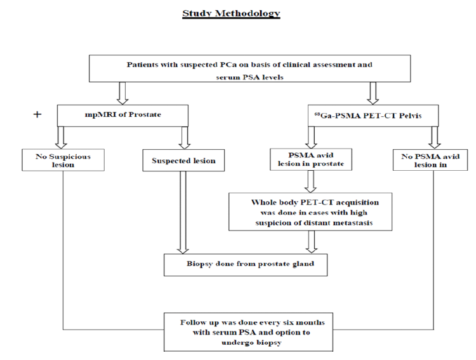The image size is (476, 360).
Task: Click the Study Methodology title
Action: [231, 13]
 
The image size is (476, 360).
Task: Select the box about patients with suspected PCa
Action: [249, 69]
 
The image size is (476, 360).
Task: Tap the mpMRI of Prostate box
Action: [122, 116]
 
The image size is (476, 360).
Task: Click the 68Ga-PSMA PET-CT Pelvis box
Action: [373, 116]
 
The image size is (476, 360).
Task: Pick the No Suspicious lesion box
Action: [63, 160]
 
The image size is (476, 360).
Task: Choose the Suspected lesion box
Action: [183, 160]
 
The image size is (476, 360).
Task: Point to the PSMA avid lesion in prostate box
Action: [311, 159]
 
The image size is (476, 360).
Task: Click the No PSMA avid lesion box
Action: [430, 160]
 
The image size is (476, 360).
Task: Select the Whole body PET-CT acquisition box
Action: [310, 212]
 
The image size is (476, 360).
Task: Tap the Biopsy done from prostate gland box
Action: [246, 265]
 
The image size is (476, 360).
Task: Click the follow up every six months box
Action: [248, 332]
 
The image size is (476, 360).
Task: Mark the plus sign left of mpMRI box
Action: [37, 114]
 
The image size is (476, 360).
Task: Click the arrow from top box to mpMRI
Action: [122, 93]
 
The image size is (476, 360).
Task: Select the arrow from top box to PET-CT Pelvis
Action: [373, 93]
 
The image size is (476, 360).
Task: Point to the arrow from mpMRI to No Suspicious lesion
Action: [61, 137]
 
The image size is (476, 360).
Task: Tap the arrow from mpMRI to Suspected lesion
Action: [184, 138]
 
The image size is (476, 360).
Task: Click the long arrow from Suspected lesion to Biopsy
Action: [183, 213]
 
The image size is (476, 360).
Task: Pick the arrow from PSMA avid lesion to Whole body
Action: [310, 182]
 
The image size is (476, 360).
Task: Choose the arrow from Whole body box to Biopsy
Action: [312, 242]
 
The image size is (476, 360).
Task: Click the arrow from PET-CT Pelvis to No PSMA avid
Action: [435, 138]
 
